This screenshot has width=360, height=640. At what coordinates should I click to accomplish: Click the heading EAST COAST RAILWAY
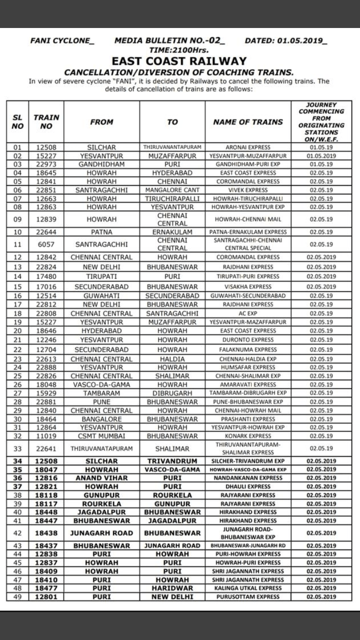pyautogui.click(x=179, y=61)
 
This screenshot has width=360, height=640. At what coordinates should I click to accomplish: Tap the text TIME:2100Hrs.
pyautogui.click(x=179, y=50)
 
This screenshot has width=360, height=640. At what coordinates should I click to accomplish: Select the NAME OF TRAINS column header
pyautogui.click(x=247, y=121)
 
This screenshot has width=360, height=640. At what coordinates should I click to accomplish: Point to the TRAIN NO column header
pyautogui.click(x=46, y=121)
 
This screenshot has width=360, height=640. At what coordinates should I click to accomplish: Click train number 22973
pyautogui.click(x=46, y=164)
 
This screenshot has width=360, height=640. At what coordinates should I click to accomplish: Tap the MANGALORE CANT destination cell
pyautogui.click(x=172, y=190)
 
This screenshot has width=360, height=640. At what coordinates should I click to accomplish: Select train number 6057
pyautogui.click(x=46, y=244)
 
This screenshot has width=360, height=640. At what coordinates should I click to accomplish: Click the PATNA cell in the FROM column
pyautogui.click(x=101, y=232)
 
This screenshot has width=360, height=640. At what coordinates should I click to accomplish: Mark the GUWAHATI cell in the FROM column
pyautogui.click(x=101, y=295)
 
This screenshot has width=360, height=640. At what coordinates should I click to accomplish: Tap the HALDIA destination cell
pyautogui.click(x=172, y=359)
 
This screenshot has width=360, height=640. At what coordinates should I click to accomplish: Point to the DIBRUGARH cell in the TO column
pyautogui.click(x=172, y=393)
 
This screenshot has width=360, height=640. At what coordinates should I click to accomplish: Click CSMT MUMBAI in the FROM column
pyautogui.click(x=101, y=435)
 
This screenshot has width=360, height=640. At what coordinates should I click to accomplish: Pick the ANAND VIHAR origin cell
pyautogui.click(x=101, y=477)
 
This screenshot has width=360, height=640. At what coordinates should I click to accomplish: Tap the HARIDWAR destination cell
pyautogui.click(x=172, y=588)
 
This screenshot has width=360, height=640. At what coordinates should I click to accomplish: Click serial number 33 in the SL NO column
pyautogui.click(x=17, y=448)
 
